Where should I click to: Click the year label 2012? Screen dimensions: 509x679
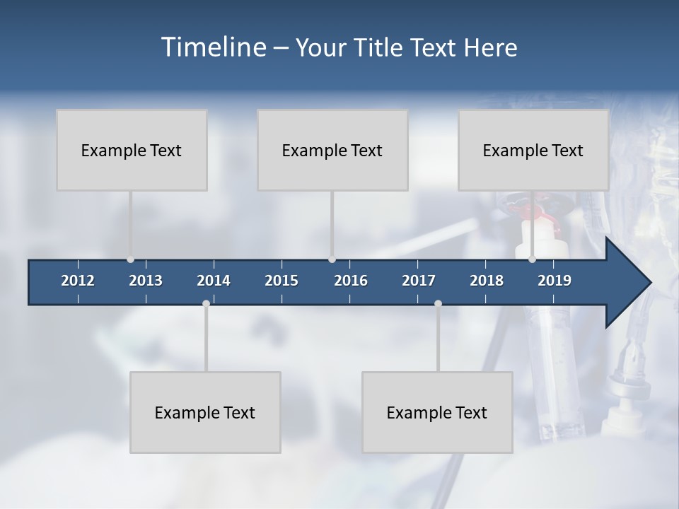(78, 281)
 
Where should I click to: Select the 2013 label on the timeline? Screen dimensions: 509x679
(146, 281)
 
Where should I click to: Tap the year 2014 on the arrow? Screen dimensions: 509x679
(214, 281)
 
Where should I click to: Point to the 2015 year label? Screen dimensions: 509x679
(282, 281)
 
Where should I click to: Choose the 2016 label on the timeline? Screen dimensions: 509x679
(351, 281)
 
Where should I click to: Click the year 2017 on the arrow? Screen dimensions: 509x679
(419, 281)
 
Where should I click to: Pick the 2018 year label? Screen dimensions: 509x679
(487, 281)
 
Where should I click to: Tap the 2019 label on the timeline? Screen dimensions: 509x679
(555, 281)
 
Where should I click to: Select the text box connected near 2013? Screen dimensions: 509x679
(132, 150)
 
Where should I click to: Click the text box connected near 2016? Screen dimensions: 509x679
(332, 150)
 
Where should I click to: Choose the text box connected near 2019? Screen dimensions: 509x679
(533, 150)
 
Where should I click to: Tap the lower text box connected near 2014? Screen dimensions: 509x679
(205, 412)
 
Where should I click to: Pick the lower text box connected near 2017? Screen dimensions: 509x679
(437, 412)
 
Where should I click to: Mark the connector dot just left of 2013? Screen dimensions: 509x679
(130, 259)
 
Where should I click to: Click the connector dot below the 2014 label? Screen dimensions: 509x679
(206, 303)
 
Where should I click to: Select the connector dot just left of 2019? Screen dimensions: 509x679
(533, 259)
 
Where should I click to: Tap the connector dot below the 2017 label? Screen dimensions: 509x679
(438, 303)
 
